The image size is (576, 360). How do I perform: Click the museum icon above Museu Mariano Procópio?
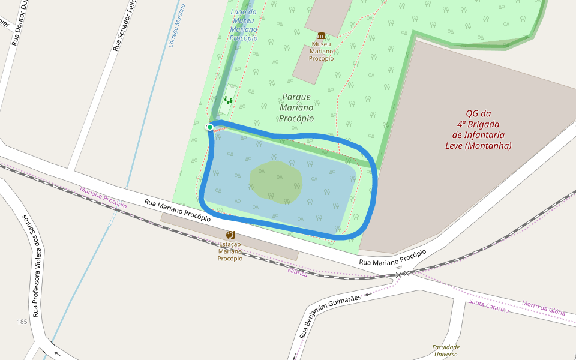click(x=322, y=35)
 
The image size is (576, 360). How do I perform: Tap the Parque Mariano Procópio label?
click(x=296, y=107)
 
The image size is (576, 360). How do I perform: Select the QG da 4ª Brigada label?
click(x=478, y=129)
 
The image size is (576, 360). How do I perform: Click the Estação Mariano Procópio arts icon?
click(x=230, y=235)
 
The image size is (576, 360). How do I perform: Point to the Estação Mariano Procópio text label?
click(x=230, y=251)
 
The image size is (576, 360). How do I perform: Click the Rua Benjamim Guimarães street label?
click(x=331, y=313)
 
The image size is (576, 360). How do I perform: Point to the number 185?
click(x=22, y=322)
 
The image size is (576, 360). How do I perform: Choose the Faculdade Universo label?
click(x=446, y=350)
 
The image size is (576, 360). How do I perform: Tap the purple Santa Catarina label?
click(x=489, y=306)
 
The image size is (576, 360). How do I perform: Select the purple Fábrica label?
click(x=298, y=273)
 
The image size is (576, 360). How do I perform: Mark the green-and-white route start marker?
click(x=209, y=127)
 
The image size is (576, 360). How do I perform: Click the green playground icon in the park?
click(x=227, y=100)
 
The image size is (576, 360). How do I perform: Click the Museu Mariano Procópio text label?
click(x=321, y=51)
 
